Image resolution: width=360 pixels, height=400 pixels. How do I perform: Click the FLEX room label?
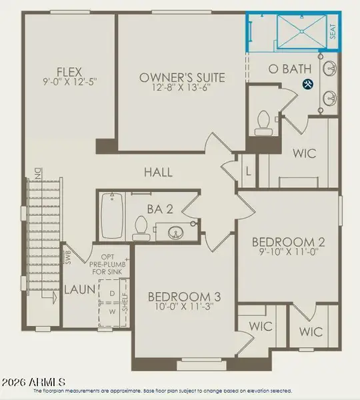(x=69, y=73)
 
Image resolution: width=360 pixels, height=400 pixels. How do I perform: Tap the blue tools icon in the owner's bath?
(x=308, y=84)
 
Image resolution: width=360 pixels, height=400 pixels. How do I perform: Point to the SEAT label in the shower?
(x=333, y=32)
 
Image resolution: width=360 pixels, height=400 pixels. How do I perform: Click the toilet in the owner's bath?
(x=263, y=121)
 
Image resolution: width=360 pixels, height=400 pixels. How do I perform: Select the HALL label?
(x=159, y=172)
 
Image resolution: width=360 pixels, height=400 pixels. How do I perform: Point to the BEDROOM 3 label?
(x=184, y=297)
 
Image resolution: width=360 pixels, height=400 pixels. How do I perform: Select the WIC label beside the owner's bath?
(x=309, y=153)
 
